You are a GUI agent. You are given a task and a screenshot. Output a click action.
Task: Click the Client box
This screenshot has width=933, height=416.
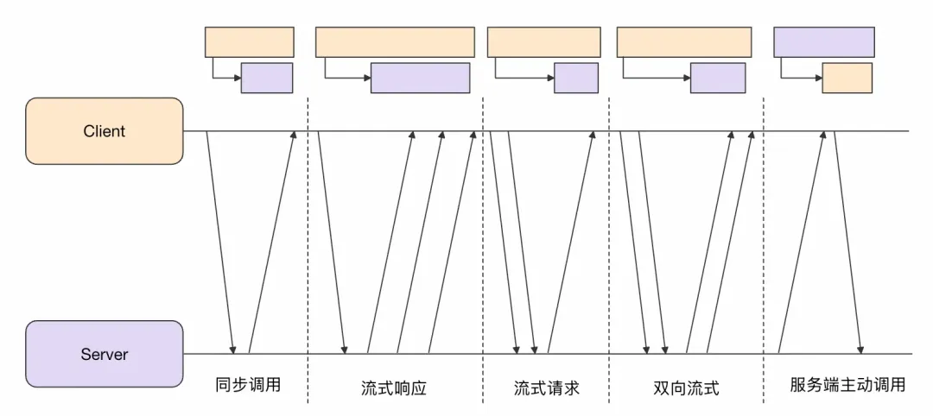pyautogui.click(x=105, y=131)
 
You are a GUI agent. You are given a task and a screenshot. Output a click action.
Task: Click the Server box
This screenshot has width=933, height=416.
pyautogui.click(x=105, y=354)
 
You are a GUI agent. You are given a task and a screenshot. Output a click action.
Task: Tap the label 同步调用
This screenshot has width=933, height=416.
pyautogui.click(x=248, y=385)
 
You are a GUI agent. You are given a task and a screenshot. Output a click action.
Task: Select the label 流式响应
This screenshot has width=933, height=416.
pyautogui.click(x=394, y=388)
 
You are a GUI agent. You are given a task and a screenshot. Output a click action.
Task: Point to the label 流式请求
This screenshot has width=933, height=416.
pyautogui.click(x=546, y=388)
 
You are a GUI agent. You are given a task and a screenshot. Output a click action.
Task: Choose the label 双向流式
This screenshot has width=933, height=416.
pyautogui.click(x=687, y=388)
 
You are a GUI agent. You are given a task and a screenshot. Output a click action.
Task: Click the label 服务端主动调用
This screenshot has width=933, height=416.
pyautogui.click(x=847, y=385)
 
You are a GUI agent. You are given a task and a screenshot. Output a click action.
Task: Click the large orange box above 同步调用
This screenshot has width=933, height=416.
pyautogui.click(x=249, y=41)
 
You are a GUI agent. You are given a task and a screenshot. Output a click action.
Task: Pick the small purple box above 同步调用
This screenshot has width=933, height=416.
pyautogui.click(x=267, y=78)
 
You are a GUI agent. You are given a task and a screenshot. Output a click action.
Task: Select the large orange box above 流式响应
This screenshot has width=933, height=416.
pyautogui.click(x=395, y=41)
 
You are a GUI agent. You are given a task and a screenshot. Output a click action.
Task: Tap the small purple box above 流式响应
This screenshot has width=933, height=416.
pyautogui.click(x=421, y=78)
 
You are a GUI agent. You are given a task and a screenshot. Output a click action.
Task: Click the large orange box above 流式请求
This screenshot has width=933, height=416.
pyautogui.click(x=543, y=41)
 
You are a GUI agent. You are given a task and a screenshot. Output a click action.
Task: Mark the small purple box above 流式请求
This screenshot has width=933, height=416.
pyautogui.click(x=576, y=78)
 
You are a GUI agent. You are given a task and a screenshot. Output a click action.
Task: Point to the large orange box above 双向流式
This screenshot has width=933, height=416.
pyautogui.click(x=682, y=41)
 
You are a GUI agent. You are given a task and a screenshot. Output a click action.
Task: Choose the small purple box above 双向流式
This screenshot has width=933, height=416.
pyautogui.click(x=718, y=78)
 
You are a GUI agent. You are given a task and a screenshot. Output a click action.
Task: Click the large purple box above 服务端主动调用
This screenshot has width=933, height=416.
pyautogui.click(x=824, y=41)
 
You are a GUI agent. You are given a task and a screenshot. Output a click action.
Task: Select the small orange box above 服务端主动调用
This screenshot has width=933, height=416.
pyautogui.click(x=847, y=78)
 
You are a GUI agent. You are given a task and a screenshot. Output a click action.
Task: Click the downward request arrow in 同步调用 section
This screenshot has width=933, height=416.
pyautogui.click(x=220, y=242)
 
